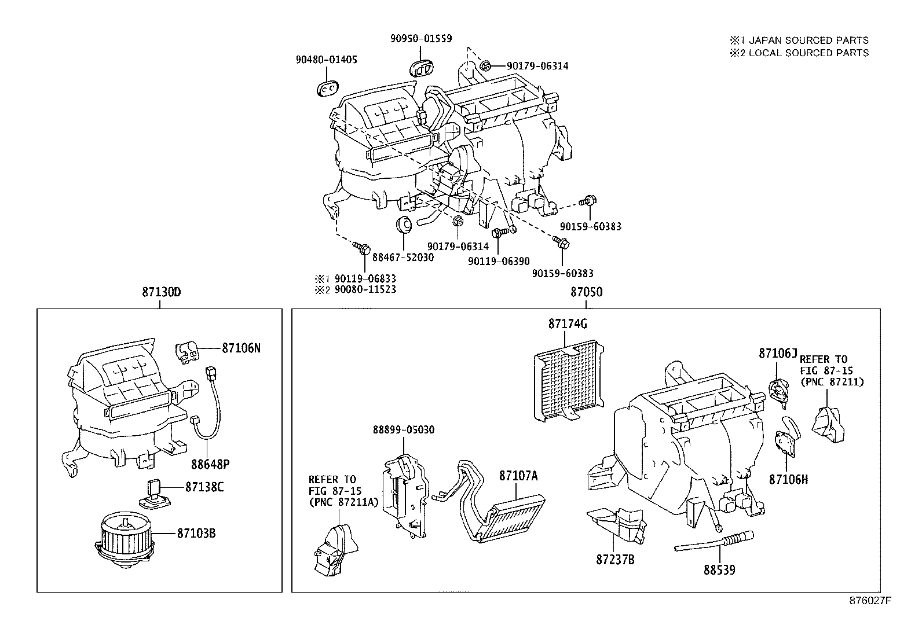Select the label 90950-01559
(420, 38)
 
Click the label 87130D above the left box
(162, 292)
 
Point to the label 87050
(586, 292)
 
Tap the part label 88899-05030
(403, 430)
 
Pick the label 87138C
(204, 487)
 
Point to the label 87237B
(615, 560)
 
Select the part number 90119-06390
(499, 261)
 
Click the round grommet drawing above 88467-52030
(403, 223)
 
